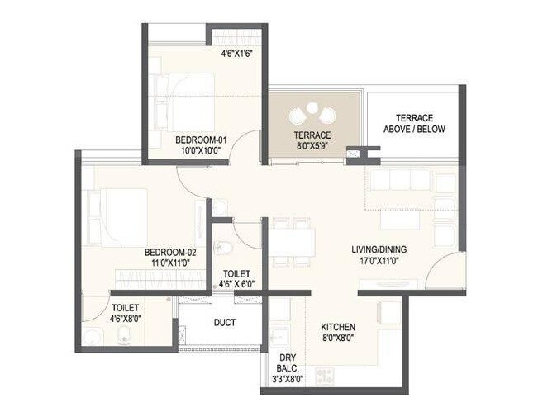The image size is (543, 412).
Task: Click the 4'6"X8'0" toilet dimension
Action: [126, 317]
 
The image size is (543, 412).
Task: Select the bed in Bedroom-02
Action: [116, 217]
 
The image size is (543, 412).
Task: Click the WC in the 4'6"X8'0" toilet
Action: [123, 335]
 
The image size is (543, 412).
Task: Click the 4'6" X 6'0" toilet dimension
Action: [238, 283]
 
